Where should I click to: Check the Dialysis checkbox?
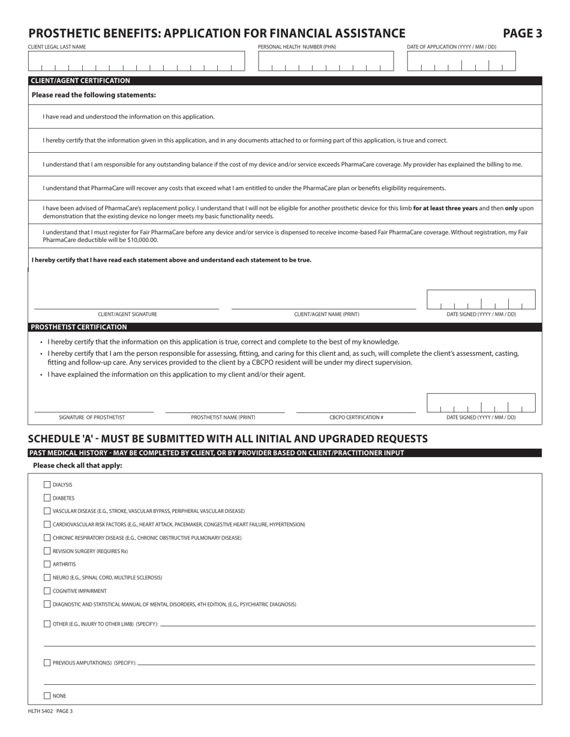tap(47, 485)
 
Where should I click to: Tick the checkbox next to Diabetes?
tap(47, 498)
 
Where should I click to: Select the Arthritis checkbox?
tap(47, 564)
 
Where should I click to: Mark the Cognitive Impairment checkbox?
tap(47, 591)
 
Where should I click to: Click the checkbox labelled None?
tap(47, 696)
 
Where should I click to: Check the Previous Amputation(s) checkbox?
tap(47, 663)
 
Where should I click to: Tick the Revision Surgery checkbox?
tap(47, 551)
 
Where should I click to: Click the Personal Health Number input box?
tap(326, 62)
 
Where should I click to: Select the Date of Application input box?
tap(461, 62)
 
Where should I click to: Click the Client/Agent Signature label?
tap(127, 315)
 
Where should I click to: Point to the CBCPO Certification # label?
tap(356, 418)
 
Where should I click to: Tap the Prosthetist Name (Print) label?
tap(223, 418)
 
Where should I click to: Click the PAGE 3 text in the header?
tap(522, 34)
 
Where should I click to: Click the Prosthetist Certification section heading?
tap(79, 327)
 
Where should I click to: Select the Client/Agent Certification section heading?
tap(80, 81)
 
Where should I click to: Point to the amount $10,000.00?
tap(140, 240)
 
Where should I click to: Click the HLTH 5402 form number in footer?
tap(41, 711)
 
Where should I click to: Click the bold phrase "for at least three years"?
tap(445, 209)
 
